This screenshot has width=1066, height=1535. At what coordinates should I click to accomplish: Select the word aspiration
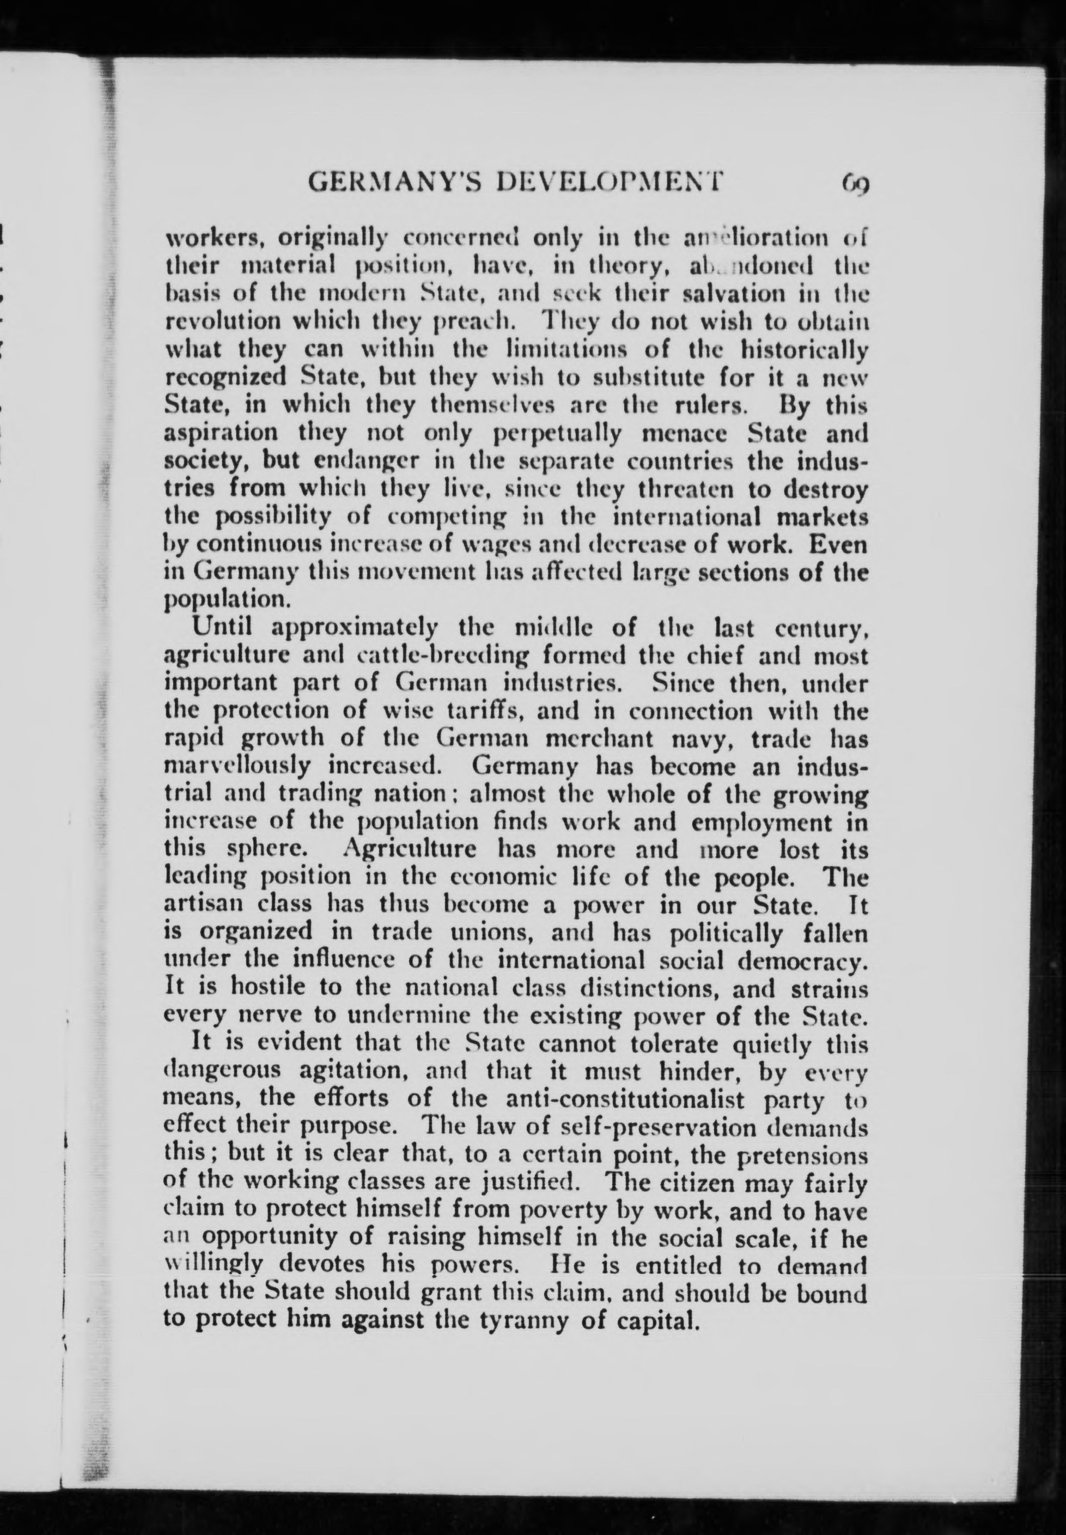[221, 433]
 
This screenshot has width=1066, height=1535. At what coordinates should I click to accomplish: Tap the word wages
[502, 545]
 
